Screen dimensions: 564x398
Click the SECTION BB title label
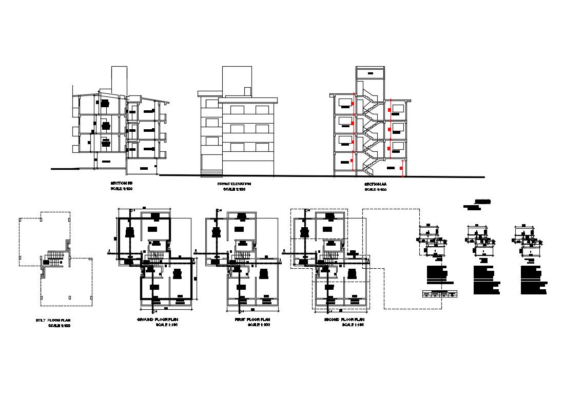122,183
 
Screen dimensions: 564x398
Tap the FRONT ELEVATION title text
234,184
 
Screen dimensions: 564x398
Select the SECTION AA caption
375,184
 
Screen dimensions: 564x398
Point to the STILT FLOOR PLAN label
53,320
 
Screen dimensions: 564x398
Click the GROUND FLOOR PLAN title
157,320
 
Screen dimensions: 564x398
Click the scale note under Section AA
375,190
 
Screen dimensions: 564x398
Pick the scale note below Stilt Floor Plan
59,326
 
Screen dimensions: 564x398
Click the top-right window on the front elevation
262,110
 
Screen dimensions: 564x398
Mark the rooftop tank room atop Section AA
369,73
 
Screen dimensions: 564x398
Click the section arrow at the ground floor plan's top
132,210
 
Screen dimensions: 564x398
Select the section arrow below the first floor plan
241,311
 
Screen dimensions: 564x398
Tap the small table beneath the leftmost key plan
439,294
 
